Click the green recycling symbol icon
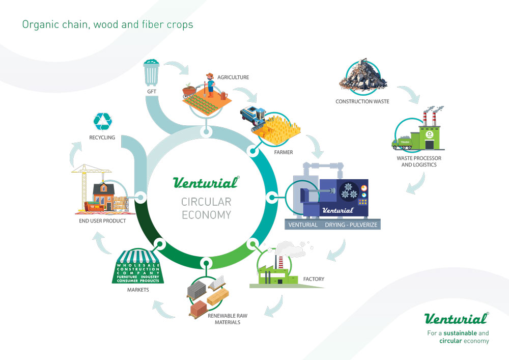click(x=103, y=122)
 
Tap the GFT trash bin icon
click(x=151, y=73)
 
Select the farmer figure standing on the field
click(x=210, y=85)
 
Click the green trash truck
click(x=402, y=143)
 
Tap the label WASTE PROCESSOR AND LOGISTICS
click(x=419, y=161)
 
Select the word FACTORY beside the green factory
click(x=314, y=279)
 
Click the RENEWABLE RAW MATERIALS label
click(x=227, y=319)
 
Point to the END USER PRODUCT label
click(x=102, y=221)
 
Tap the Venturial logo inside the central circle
click(x=206, y=182)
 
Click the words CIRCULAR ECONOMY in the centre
click(x=206, y=208)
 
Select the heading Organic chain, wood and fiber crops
click(x=107, y=24)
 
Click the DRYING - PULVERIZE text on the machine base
click(x=351, y=225)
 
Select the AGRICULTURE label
click(x=233, y=77)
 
